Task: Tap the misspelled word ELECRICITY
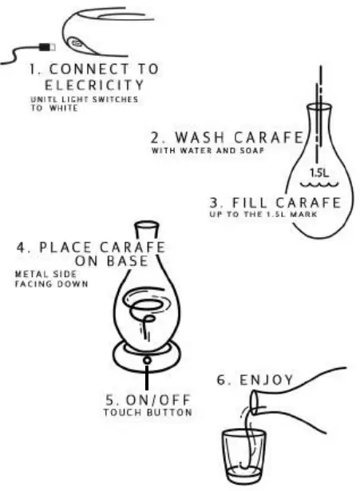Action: click(94, 85)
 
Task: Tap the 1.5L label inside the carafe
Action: click(319, 171)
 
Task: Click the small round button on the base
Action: click(147, 361)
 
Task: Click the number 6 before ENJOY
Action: click(220, 380)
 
